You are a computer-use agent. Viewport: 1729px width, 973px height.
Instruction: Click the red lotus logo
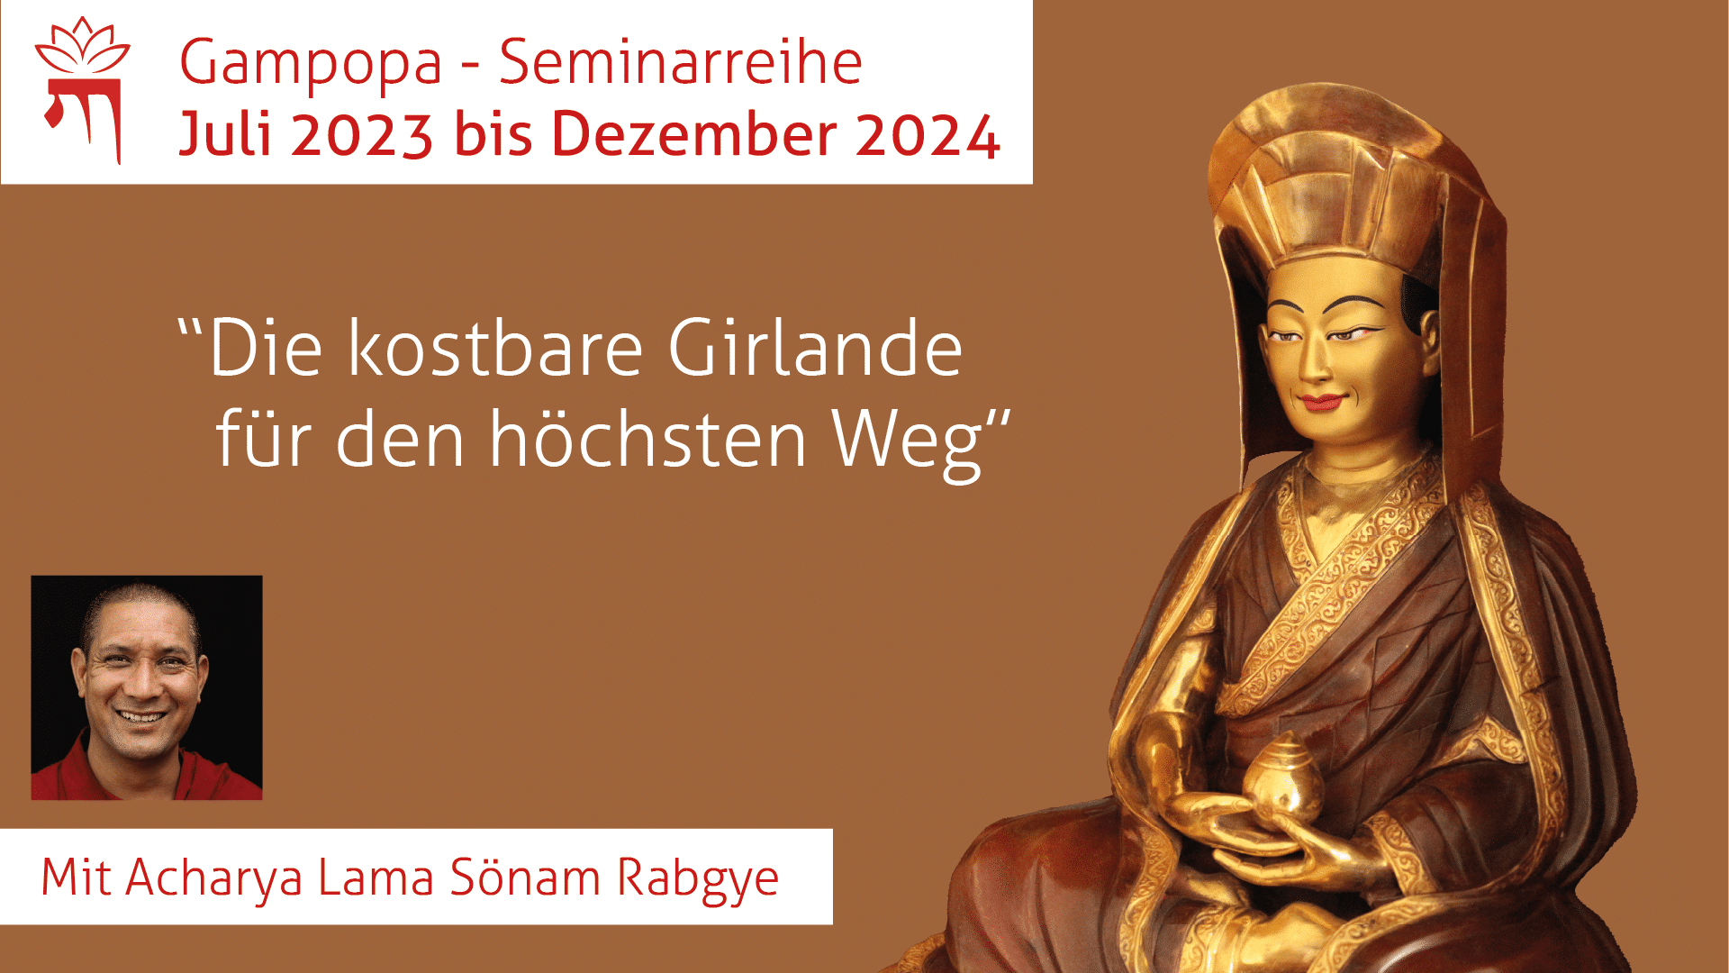(83, 90)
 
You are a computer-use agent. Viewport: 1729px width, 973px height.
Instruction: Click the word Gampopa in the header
(311, 63)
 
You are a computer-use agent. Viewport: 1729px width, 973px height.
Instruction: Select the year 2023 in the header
(362, 135)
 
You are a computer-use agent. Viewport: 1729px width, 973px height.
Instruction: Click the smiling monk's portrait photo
(147, 687)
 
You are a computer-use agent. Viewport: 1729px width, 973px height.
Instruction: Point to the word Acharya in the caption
(214, 878)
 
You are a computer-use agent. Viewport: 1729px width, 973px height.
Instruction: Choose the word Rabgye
(698, 878)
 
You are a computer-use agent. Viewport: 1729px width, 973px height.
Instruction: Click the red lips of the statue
(1321, 402)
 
